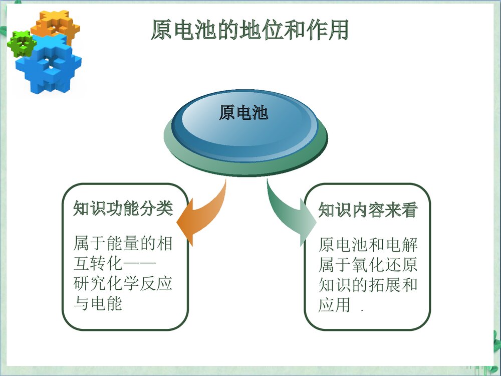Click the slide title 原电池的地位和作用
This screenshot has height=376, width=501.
[249, 31]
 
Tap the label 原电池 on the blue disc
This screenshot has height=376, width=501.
[243, 113]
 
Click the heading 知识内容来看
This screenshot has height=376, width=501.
[368, 210]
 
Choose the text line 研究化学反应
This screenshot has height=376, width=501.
[123, 283]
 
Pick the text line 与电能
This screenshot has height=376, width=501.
[98, 303]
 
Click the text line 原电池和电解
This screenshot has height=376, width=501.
[368, 245]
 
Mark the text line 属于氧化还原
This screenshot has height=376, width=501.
[368, 265]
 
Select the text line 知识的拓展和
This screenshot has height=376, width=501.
[368, 285]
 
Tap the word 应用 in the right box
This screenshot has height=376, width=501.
[334, 305]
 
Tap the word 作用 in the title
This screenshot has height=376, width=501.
[329, 31]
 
